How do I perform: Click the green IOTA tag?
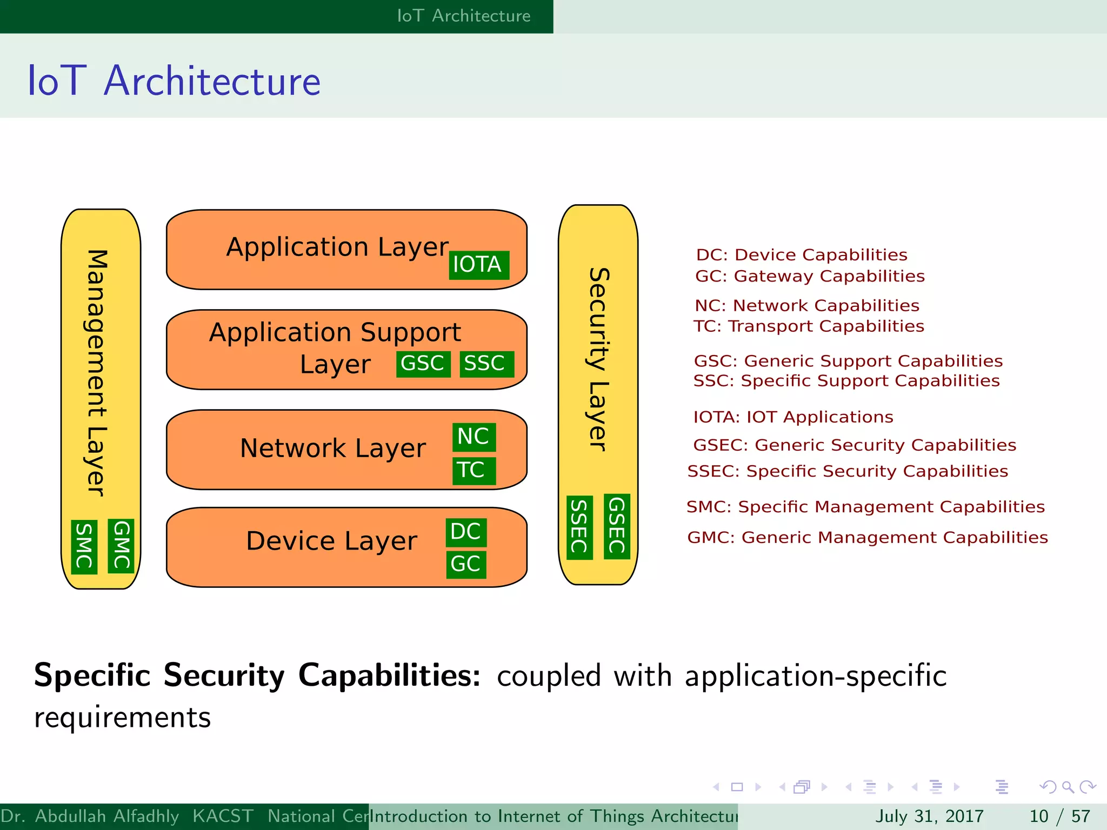(478, 265)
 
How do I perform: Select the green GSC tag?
(423, 364)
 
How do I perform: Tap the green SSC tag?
(486, 364)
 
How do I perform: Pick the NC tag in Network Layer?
(474, 437)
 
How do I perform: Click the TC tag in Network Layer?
(474, 470)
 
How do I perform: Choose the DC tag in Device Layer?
(466, 532)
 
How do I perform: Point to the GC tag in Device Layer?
(466, 564)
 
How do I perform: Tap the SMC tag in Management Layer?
(84, 546)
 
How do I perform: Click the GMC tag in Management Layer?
(121, 545)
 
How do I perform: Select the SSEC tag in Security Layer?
(579, 527)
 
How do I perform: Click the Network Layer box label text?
(333, 449)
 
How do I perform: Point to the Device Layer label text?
(331, 541)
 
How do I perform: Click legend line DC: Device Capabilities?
(802, 255)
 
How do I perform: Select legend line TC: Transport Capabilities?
(809, 326)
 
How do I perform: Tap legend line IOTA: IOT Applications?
(793, 417)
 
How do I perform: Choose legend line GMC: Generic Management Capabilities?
(867, 537)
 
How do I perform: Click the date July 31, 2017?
(929, 816)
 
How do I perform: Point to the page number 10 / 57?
(1059, 816)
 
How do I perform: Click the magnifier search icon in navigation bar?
(1068, 787)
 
